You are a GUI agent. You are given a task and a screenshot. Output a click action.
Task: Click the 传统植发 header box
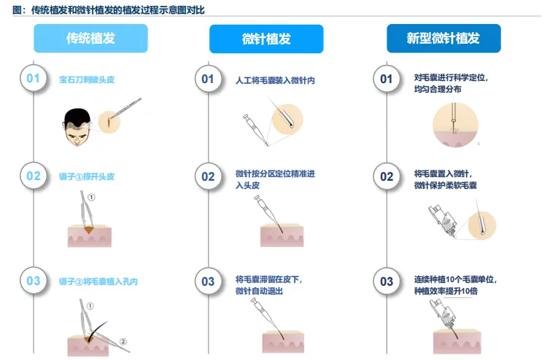(x=90, y=39)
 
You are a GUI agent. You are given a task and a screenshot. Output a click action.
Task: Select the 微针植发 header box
(x=266, y=39)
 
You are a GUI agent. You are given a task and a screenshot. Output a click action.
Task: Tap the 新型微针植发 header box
(x=443, y=39)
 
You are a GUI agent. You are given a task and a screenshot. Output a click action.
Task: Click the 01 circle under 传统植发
(x=33, y=79)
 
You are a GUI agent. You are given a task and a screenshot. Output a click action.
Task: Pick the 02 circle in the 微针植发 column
(x=209, y=176)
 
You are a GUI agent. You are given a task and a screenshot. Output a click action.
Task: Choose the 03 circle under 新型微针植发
(x=387, y=281)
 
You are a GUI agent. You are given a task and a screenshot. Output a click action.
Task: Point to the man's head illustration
(x=77, y=127)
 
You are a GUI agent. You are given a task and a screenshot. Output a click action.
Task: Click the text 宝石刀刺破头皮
(x=87, y=80)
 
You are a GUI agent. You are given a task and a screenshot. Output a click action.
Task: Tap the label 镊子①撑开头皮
(x=87, y=176)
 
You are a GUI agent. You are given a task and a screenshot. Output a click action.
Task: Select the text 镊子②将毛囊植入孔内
(x=98, y=281)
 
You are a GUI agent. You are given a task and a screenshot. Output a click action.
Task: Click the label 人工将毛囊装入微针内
(x=275, y=80)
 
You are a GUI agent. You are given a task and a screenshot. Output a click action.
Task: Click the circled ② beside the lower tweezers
(x=123, y=342)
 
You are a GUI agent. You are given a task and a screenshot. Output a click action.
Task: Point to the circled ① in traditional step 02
(x=91, y=197)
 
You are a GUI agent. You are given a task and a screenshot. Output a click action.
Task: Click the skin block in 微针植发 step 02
(x=282, y=235)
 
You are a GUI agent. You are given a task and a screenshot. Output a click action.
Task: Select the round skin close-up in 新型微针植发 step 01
(x=455, y=125)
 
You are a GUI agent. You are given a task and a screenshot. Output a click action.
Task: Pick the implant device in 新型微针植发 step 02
(x=443, y=221)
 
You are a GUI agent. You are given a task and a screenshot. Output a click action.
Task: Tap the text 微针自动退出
(x=259, y=291)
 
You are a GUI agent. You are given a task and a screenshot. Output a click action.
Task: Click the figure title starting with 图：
(x=109, y=9)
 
